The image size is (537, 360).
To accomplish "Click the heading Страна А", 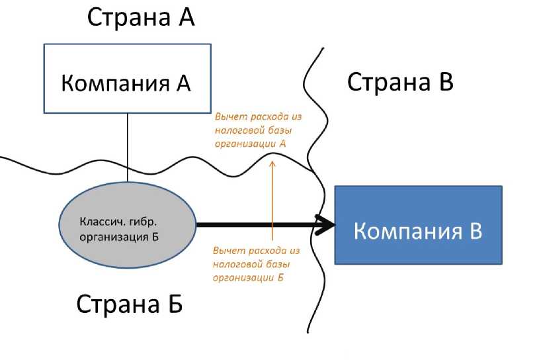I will tap(140, 18).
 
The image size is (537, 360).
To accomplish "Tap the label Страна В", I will tap(400, 83).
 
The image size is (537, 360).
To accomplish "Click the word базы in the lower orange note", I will tap(277, 264).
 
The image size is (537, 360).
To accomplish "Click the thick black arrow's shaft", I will tap(258, 225).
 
